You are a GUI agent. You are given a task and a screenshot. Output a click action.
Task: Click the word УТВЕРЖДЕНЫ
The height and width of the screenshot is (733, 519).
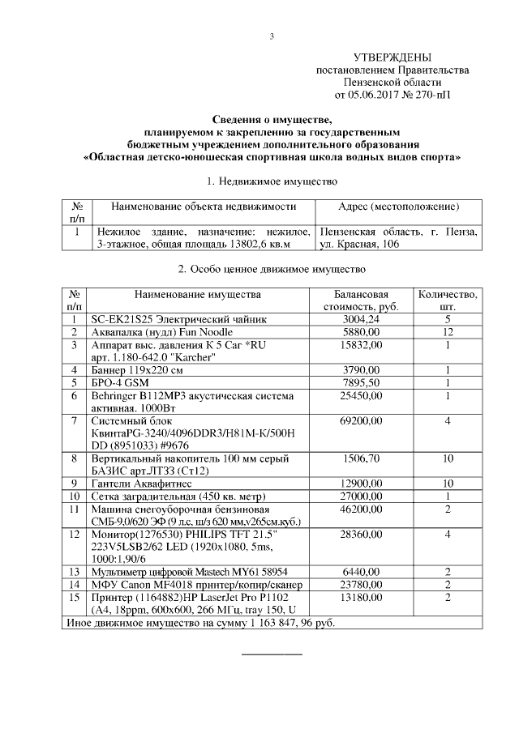tap(392, 58)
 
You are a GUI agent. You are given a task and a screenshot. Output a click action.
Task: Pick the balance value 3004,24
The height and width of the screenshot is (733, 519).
tap(356, 319)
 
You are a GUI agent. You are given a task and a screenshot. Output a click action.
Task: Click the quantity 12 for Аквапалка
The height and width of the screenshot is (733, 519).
tap(448, 332)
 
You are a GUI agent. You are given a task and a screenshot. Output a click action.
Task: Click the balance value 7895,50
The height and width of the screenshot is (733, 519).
tap(356, 382)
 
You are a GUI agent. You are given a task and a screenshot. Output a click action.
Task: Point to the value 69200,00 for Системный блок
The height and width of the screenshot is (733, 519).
tap(356, 421)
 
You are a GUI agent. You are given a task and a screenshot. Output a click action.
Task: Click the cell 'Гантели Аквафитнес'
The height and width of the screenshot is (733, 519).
tap(136, 483)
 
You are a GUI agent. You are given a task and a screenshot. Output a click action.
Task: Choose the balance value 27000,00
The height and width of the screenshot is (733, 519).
tap(356, 496)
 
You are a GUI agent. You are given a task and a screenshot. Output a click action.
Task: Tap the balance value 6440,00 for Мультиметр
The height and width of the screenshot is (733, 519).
tap(356, 572)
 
